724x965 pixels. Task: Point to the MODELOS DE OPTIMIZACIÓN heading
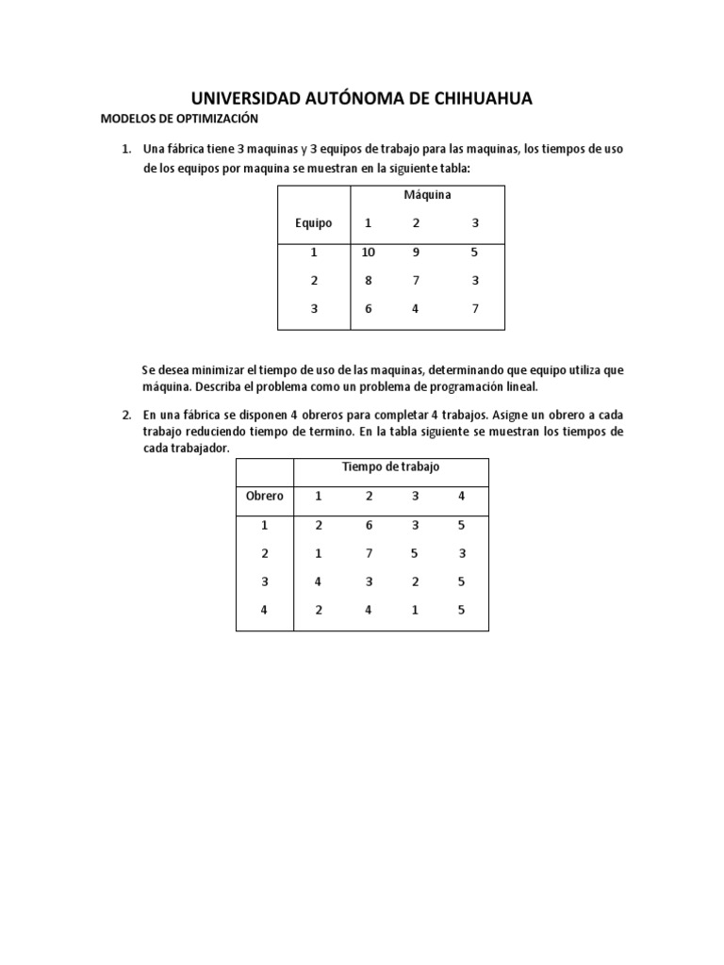pos(179,120)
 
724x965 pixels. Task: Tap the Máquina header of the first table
pos(427,195)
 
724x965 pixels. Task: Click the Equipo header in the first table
pos(313,223)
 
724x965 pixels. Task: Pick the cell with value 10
pos(368,253)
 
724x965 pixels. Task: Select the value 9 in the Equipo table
pos(415,253)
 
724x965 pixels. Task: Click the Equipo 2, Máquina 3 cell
pos(476,281)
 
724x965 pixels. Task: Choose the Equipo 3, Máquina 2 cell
pos(415,309)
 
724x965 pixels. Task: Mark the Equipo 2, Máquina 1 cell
pos(368,281)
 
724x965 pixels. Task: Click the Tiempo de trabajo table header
pos(390,467)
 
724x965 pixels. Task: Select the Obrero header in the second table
pos(264,496)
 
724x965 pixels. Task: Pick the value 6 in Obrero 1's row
pos(369,526)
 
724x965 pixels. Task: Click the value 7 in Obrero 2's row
pos(369,554)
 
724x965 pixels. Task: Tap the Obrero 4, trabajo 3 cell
pos(415,611)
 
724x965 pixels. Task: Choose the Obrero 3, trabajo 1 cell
pos(319,582)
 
